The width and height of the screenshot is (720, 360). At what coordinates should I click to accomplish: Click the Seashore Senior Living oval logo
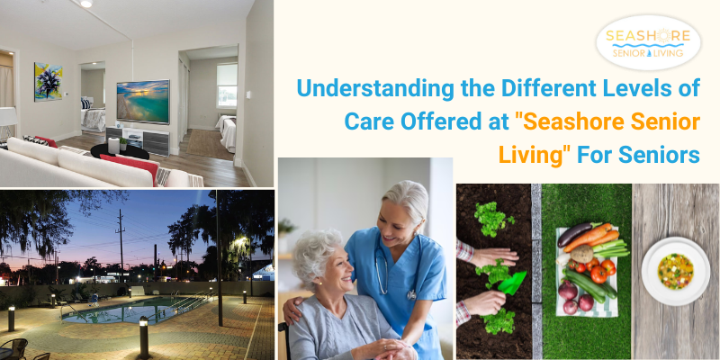click(x=648, y=42)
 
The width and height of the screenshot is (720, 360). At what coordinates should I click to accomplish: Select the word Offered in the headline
click(x=445, y=122)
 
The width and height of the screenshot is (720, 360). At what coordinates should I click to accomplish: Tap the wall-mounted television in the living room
click(x=143, y=102)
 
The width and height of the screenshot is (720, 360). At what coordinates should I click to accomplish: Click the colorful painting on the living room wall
click(x=49, y=82)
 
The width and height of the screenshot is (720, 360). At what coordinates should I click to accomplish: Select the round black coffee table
click(x=120, y=151)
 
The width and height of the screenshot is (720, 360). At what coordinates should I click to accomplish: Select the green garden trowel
click(x=512, y=283)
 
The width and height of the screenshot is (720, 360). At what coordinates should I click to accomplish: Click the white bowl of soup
click(x=676, y=271)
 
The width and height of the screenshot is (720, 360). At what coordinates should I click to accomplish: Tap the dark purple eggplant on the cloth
click(x=574, y=235)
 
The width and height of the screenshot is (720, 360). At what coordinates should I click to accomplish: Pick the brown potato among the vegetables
click(x=581, y=254)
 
